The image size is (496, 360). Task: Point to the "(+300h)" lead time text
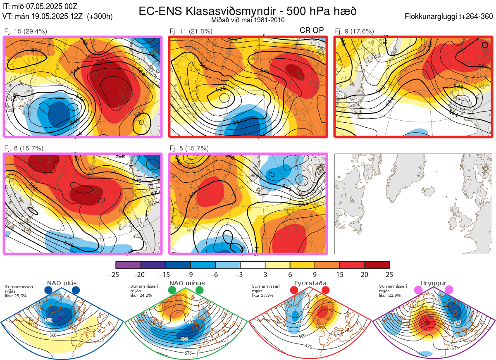100,17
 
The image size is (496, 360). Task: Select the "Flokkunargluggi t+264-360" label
449,17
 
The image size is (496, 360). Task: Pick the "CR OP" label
312,31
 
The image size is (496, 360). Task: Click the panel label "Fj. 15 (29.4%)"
26,31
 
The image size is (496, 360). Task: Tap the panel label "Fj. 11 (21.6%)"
191,31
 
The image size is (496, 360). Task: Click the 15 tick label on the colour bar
339,274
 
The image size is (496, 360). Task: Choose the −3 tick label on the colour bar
240,274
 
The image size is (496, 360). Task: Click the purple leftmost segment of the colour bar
128,265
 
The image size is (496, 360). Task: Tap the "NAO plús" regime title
62,283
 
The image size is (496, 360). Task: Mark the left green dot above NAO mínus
172,291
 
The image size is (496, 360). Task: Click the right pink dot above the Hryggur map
449,291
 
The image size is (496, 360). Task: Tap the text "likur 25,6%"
16,296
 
